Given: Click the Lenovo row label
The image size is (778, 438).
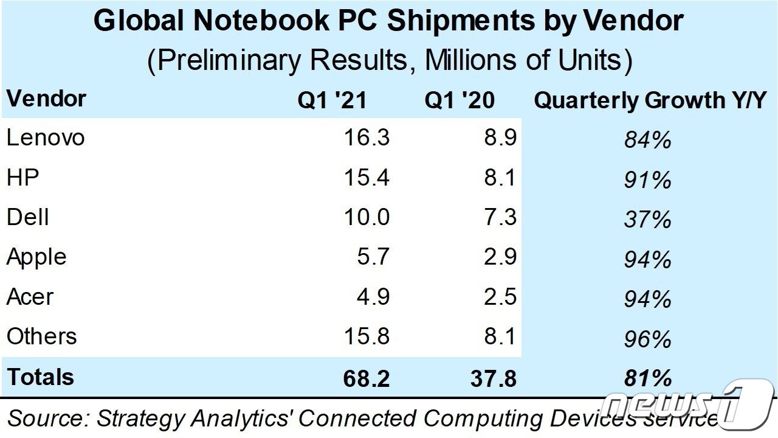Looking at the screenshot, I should tap(46, 138).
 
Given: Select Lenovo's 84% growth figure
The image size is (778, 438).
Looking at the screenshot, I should tap(647, 141).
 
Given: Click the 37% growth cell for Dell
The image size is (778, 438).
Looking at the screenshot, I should tap(647, 220).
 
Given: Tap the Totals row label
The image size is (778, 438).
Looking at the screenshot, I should tap(41, 377).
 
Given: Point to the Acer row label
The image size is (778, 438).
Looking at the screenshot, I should tap(30, 297).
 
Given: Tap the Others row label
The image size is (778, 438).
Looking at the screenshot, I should tap(42, 336).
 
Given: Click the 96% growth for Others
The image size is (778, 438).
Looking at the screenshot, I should tap(647, 339).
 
